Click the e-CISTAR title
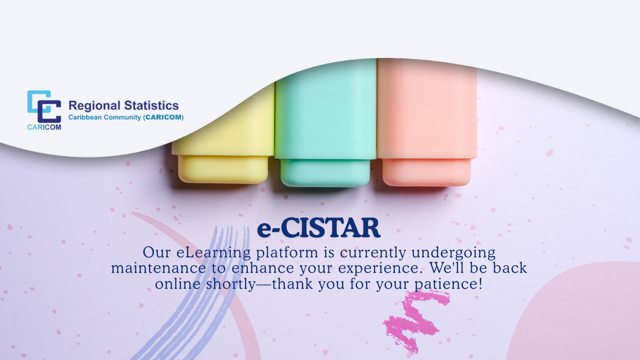click(x=319, y=228)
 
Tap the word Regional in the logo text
click(x=95, y=106)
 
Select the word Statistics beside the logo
click(x=151, y=105)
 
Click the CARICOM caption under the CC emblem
click(x=45, y=127)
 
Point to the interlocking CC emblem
click(x=45, y=106)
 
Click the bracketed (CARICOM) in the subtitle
click(x=164, y=117)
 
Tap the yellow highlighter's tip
click(x=223, y=169)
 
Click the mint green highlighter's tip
click(x=325, y=173)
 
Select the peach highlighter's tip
click(x=426, y=172)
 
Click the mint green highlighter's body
click(x=326, y=109)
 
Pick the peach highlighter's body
click(x=427, y=109)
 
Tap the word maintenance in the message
click(x=158, y=268)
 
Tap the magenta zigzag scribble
click(x=416, y=321)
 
